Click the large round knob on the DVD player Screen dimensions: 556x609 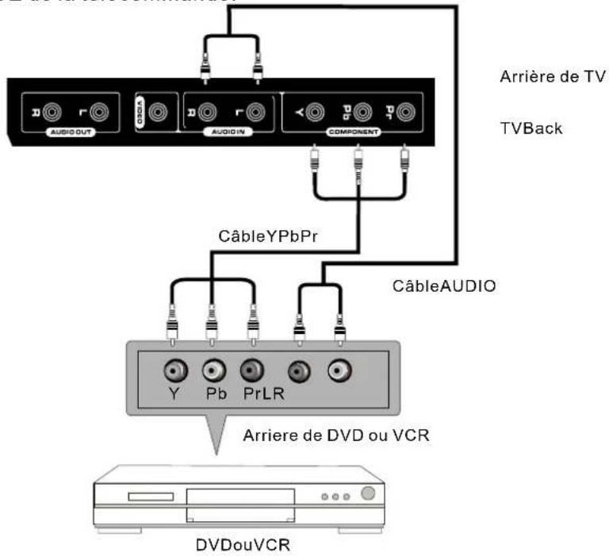[367, 493]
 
